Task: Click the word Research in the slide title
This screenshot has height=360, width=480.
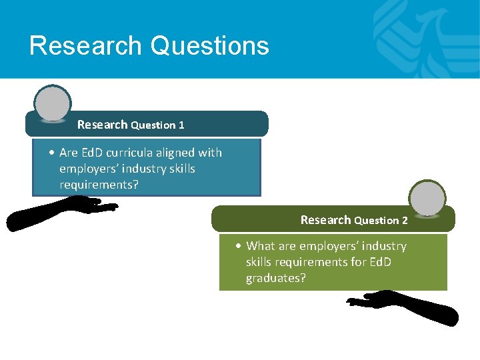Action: point(85,46)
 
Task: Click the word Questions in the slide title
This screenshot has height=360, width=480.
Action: point(210,46)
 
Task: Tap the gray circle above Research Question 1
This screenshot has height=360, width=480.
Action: point(53,104)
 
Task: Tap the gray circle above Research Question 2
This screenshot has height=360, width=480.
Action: point(427,198)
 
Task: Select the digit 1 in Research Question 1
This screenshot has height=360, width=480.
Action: point(181,125)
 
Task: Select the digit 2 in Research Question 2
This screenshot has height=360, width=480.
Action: point(405,221)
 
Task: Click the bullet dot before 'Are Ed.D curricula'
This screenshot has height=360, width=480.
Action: point(52,153)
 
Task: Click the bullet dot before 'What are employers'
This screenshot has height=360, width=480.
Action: point(239,246)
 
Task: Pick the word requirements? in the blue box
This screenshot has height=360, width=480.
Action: point(99,185)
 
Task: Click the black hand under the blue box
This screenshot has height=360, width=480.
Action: point(60,212)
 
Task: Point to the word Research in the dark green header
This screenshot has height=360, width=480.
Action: point(325,220)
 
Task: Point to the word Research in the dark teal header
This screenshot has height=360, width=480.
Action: point(102,125)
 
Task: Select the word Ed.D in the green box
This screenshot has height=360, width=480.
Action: point(378,262)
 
